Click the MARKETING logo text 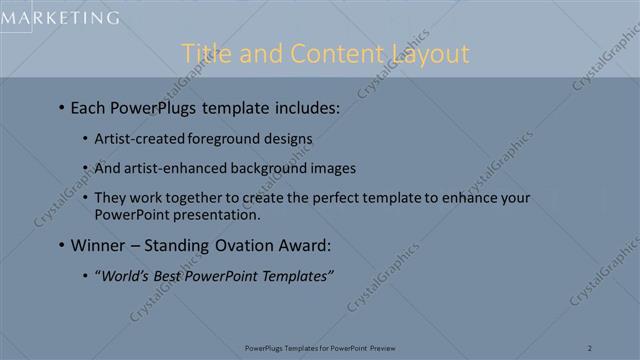[x=59, y=17]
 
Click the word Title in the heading [x=207, y=53]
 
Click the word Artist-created [x=137, y=139]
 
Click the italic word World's [x=125, y=275]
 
